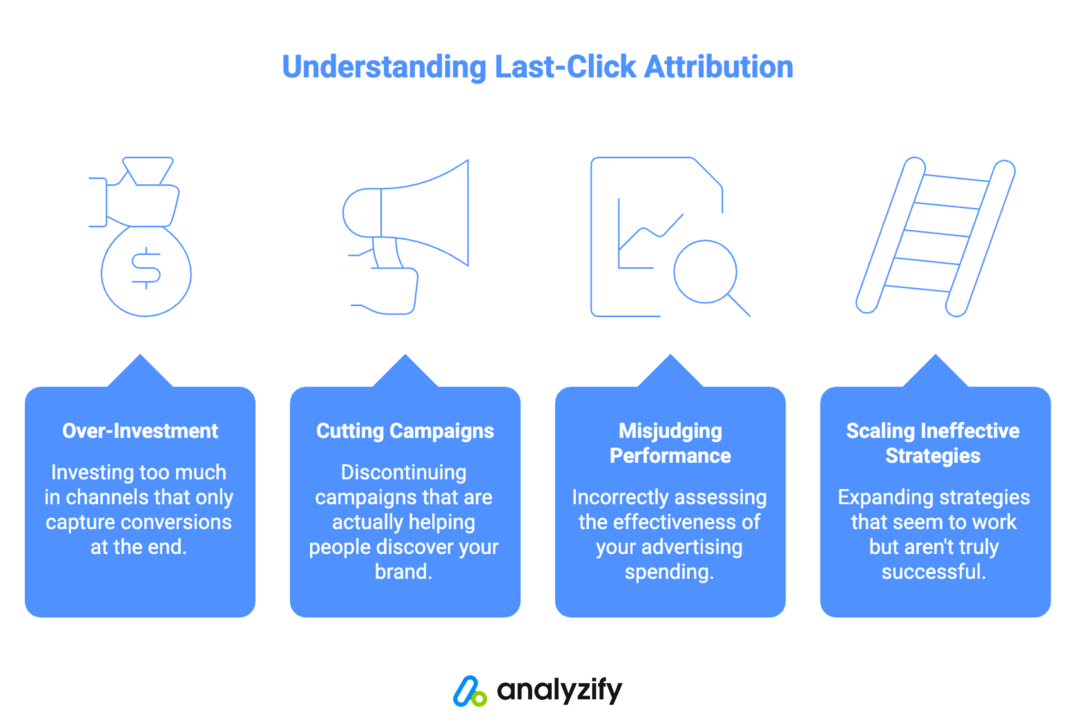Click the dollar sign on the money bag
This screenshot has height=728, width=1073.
click(146, 268)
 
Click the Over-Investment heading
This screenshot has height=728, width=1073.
click(140, 431)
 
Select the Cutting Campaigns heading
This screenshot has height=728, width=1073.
click(405, 431)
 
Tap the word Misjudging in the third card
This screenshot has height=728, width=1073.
click(670, 431)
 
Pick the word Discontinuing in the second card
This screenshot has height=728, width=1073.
click(404, 472)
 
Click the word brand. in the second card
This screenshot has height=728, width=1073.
click(404, 572)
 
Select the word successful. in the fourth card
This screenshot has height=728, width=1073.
click(934, 572)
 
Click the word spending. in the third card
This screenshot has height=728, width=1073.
click(669, 572)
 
